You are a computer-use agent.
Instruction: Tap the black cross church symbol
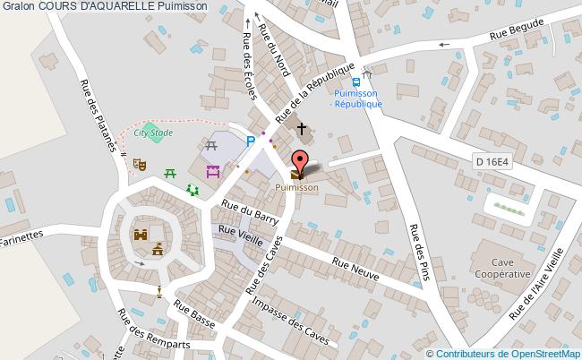click(x=302, y=129)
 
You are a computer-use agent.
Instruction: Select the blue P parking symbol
click(x=252, y=141)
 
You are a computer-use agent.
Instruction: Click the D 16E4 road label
click(x=492, y=161)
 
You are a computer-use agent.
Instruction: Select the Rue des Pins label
click(x=420, y=250)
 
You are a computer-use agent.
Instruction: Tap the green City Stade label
click(x=153, y=133)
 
